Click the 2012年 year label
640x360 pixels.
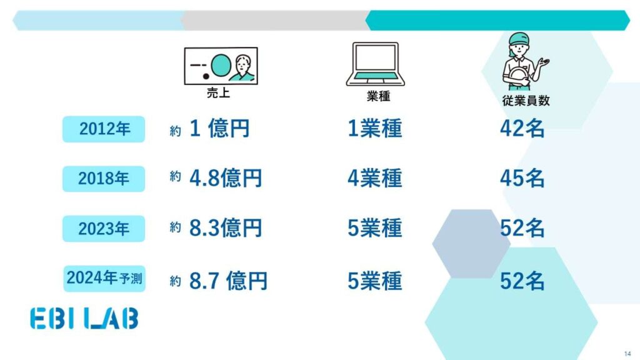(x=104, y=129)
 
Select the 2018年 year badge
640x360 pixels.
(x=104, y=179)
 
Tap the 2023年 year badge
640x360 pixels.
(x=104, y=229)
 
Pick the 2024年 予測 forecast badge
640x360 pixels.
(x=104, y=278)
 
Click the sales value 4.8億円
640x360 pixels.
(x=225, y=178)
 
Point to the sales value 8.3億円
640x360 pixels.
(x=225, y=227)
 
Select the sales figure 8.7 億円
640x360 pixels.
(x=228, y=281)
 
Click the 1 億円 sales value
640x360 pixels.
(x=219, y=128)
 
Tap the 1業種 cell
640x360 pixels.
(x=375, y=128)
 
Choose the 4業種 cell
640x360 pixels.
(x=375, y=178)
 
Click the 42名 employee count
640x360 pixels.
(x=522, y=128)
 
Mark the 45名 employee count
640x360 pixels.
(x=522, y=178)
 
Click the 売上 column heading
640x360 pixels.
(x=218, y=92)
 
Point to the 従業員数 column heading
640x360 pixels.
(x=526, y=101)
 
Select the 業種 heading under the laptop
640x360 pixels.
(x=378, y=96)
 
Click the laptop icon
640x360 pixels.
(x=376, y=64)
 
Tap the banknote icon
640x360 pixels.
(x=221, y=66)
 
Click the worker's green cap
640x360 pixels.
(x=519, y=39)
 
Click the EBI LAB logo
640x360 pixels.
(x=84, y=318)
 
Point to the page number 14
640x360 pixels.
(x=627, y=354)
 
